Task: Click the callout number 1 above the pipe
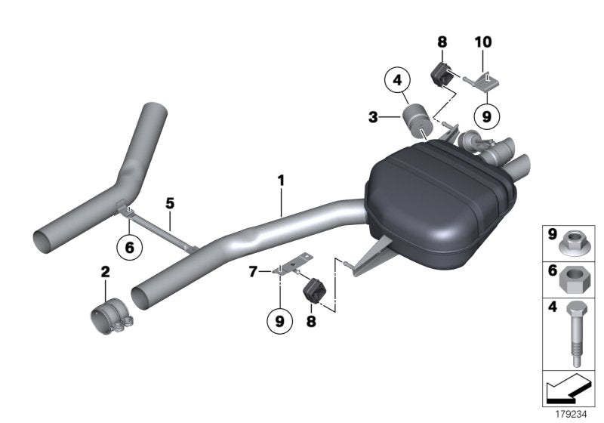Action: click(x=280, y=181)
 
